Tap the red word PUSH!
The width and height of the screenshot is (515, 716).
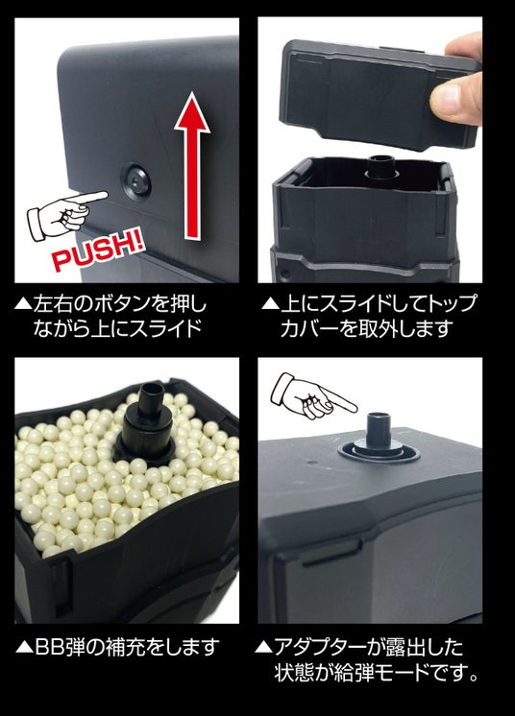click(98, 251)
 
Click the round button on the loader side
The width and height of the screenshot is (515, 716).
click(135, 181)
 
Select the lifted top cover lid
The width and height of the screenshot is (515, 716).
click(379, 95)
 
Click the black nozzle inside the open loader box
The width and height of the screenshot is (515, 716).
click(381, 168)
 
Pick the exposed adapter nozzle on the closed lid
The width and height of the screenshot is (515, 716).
click(379, 437)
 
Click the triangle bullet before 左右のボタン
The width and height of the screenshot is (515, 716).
click(23, 304)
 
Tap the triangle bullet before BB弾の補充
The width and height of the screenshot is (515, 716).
click(24, 648)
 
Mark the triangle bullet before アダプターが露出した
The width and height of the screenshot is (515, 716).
click(262, 648)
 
